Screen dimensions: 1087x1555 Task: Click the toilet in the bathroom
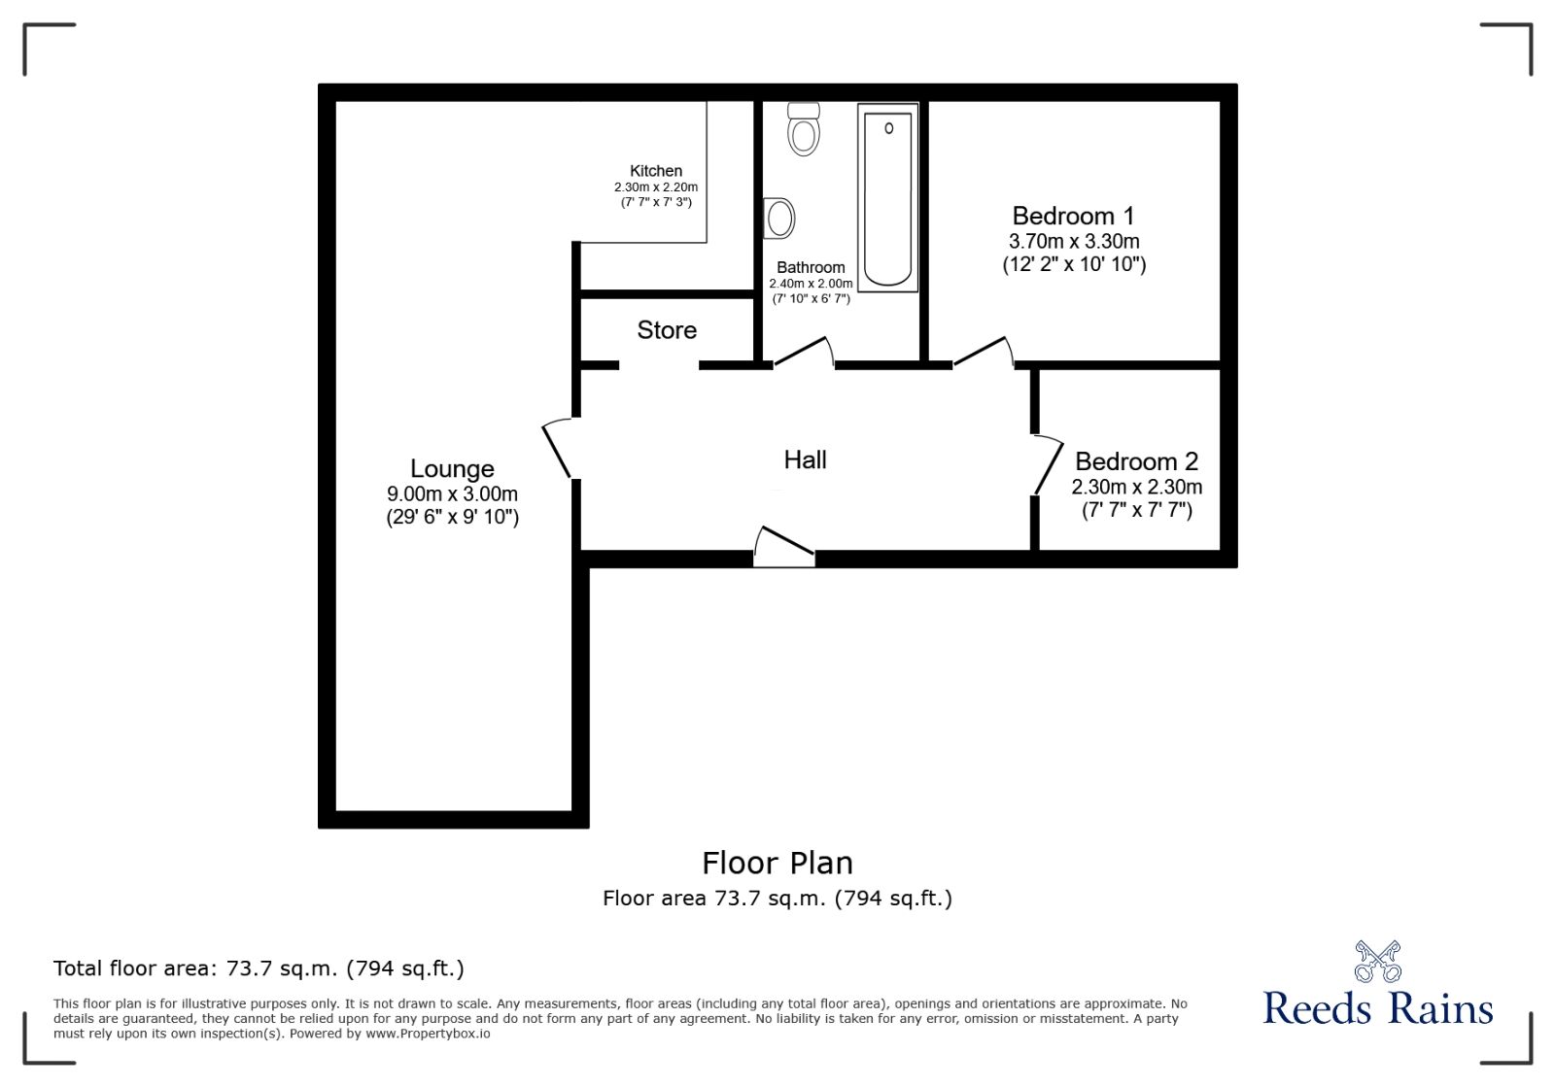point(804,129)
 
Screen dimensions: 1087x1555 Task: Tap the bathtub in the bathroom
point(887,197)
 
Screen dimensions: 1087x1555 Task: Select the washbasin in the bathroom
point(779,219)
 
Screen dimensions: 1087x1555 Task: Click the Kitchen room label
point(656,171)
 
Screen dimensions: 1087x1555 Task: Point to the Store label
point(667,330)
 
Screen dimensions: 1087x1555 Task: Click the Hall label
point(805,459)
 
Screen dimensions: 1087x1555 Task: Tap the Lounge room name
point(452,469)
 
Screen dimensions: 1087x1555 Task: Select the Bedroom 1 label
point(1073,216)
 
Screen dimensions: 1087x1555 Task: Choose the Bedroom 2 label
point(1136,461)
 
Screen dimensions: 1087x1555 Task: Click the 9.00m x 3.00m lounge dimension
point(452,493)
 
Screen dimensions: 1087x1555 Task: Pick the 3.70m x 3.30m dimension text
point(1074,241)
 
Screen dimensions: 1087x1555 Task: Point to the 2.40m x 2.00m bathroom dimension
point(811,284)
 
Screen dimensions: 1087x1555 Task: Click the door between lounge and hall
point(559,448)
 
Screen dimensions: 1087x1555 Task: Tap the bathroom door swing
point(805,352)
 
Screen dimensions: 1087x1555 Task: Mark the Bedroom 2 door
point(1048,465)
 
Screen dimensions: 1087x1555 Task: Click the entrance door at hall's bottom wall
point(783,547)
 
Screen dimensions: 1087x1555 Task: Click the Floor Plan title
point(777,863)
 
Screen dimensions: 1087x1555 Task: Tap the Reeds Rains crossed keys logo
point(1377,962)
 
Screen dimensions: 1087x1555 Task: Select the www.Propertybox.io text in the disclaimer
point(428,1034)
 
